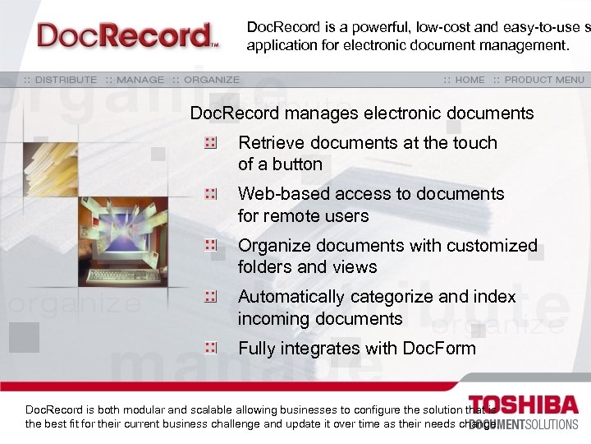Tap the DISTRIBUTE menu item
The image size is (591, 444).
click(65, 80)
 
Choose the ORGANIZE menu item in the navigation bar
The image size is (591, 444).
click(212, 80)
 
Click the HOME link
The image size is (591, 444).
click(470, 80)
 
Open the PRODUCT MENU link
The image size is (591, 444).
click(544, 80)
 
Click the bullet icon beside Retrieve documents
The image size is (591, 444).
click(211, 143)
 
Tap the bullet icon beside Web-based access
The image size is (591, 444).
click(211, 194)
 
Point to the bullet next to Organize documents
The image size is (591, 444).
click(211, 246)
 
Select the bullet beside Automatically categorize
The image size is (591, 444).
click(211, 297)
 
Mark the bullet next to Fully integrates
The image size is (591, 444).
click(211, 349)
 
